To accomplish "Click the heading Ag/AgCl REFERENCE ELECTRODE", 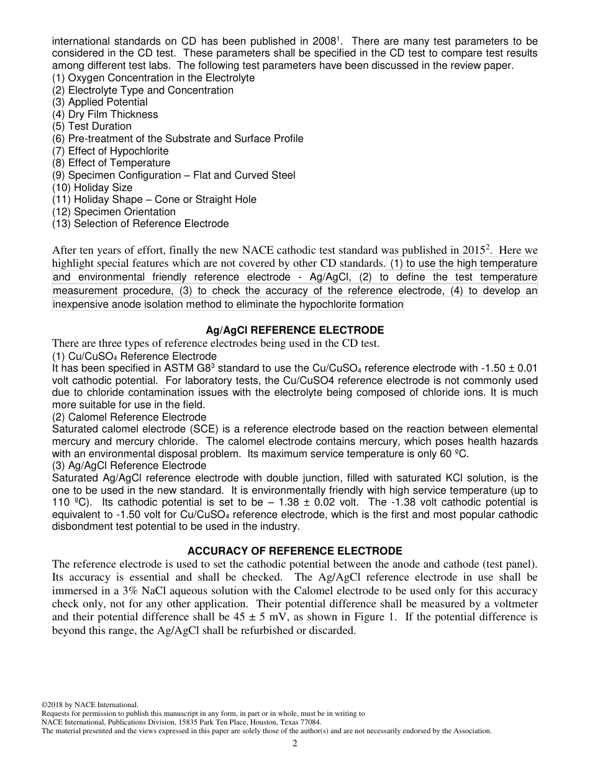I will click(x=294, y=331).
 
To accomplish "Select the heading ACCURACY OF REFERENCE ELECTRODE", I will click(x=294, y=551).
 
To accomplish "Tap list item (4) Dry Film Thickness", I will click(x=105, y=114).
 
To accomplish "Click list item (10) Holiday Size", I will click(x=92, y=187).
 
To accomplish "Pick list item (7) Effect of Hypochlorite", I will click(x=110, y=151).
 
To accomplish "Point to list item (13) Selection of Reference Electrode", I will click(x=140, y=224).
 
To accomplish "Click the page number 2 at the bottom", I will click(x=295, y=744).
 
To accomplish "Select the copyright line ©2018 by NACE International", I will click(x=89, y=705).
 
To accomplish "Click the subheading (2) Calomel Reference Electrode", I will click(x=129, y=417).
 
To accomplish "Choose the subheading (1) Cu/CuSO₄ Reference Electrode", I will click(x=134, y=357).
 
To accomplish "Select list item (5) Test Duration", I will click(x=92, y=127).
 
